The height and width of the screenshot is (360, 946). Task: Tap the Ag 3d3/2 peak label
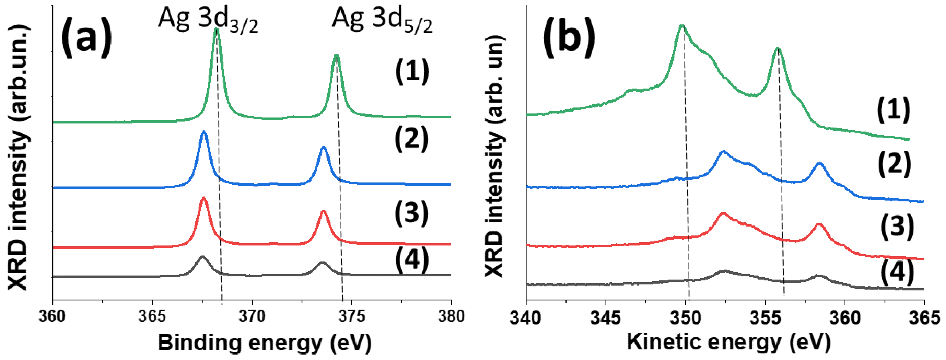[208, 20]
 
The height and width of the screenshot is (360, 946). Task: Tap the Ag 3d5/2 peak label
[382, 20]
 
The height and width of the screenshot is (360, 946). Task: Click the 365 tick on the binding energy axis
[152, 316]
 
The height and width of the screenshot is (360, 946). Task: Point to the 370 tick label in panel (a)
[252, 316]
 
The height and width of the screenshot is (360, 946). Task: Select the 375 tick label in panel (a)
[351, 316]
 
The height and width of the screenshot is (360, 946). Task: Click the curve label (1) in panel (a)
[412, 72]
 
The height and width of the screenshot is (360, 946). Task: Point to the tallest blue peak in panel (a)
[204, 132]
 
